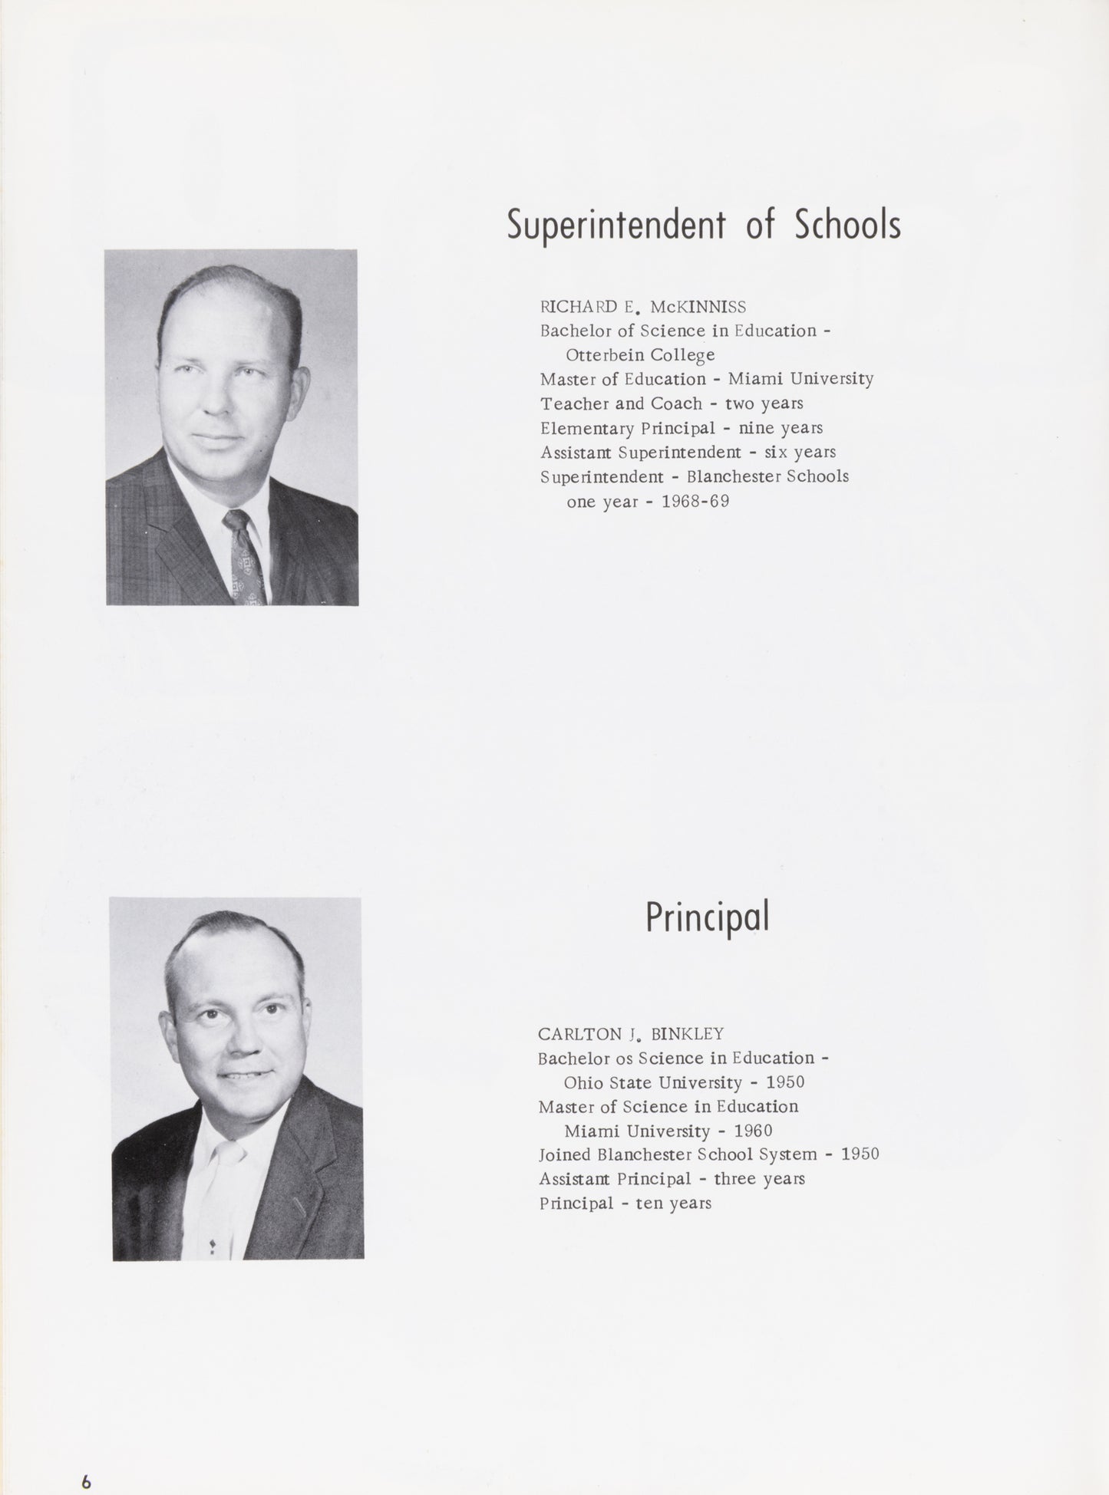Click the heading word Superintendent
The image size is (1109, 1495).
[616, 226]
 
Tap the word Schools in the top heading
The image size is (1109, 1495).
[847, 224]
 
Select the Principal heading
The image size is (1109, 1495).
[706, 917]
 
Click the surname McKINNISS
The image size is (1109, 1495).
[698, 307]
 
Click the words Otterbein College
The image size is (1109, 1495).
[640, 355]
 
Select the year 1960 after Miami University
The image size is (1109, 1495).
[752, 1131]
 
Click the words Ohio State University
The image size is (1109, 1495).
[652, 1083]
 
